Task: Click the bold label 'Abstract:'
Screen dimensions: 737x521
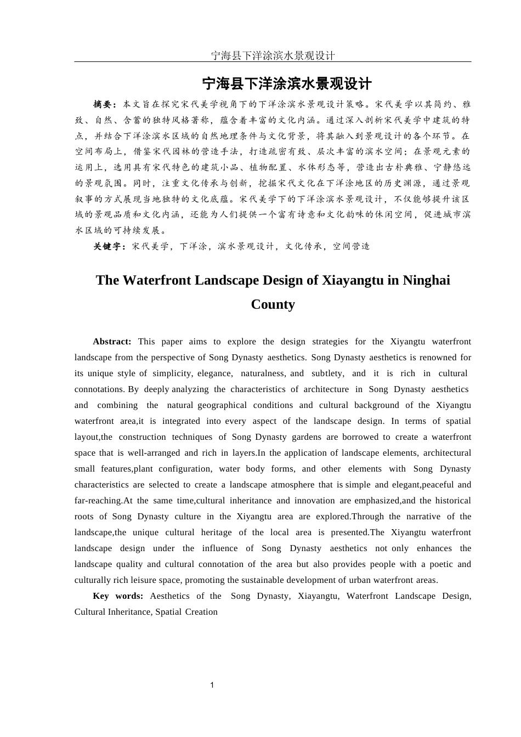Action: [x=112, y=342]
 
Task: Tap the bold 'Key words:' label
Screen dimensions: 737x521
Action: [x=118, y=596]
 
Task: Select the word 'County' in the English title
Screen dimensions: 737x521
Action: [x=273, y=304]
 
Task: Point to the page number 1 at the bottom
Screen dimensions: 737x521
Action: [x=212, y=685]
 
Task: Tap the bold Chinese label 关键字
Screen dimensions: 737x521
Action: [x=109, y=247]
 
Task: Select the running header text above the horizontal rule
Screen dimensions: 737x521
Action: [x=273, y=55]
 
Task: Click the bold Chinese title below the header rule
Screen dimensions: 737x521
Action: [x=287, y=84]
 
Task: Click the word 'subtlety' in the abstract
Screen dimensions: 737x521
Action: [x=327, y=373]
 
